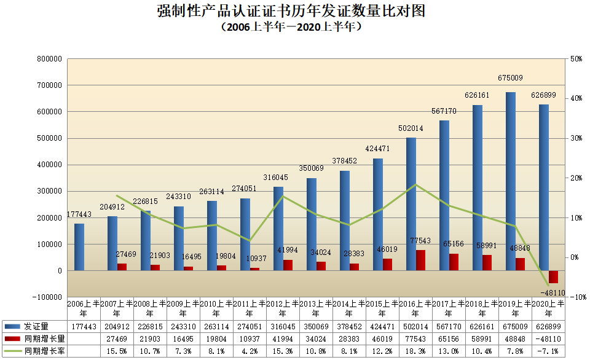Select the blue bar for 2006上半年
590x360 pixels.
point(79,247)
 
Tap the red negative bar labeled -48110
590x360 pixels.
point(553,276)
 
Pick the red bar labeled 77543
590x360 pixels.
point(420,260)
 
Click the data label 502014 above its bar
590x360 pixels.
point(412,128)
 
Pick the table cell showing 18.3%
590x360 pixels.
point(415,351)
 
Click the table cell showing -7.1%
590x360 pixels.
point(548,351)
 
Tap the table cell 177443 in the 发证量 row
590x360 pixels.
point(84,326)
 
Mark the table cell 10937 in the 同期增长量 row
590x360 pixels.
point(250,338)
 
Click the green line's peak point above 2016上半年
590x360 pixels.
point(416,184)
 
